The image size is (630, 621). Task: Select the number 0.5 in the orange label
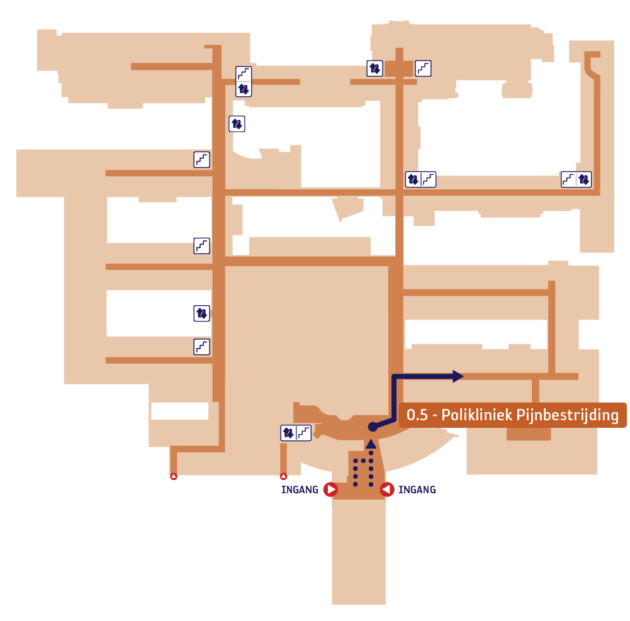coord(417,415)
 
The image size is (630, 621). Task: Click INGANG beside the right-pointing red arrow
coord(300,490)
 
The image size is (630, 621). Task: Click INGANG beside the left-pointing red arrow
coord(417,490)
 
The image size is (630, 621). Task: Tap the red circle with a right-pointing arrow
coord(330,490)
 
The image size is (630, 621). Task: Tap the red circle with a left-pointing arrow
coord(387,490)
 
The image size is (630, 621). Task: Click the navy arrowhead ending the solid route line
coord(458,376)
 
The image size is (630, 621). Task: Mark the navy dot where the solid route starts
coord(373,427)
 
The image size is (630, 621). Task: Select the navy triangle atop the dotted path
coord(371,444)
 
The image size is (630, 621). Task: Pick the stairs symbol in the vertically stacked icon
coord(244,74)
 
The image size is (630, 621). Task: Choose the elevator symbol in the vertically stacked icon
coord(244,89)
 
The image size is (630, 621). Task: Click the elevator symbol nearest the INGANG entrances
coord(288,433)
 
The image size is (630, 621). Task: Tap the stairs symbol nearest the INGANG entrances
coord(303,433)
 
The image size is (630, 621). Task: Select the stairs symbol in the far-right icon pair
coord(568,179)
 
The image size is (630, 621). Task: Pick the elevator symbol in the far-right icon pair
coord(584,179)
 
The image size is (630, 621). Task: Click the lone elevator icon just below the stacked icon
coord(237,124)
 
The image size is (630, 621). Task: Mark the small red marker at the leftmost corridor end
coord(174,476)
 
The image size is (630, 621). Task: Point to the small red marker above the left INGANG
coord(283,476)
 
